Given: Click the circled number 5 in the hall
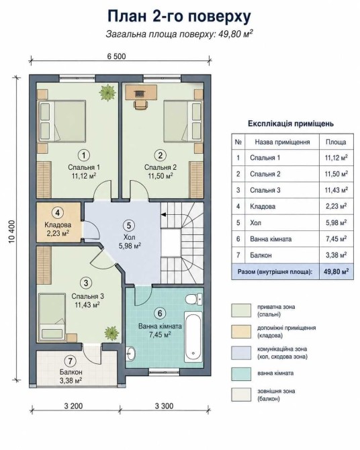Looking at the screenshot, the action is tap(128, 225).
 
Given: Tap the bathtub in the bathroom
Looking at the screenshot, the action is tap(193, 336).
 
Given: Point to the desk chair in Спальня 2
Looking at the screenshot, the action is tap(141, 104).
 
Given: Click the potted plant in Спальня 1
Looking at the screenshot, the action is tap(107, 93).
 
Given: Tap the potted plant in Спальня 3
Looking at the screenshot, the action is tap(111, 334).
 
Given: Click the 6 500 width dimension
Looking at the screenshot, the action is tap(117, 56).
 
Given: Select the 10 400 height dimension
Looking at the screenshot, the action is tap(12, 232).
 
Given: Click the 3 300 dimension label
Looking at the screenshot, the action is tap(164, 406).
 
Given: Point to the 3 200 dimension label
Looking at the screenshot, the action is tap(73, 406).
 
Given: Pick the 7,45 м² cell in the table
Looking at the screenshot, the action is tap(336, 239).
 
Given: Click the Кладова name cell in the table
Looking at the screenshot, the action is tap(281, 206).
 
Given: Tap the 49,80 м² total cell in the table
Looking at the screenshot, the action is tap(336, 271).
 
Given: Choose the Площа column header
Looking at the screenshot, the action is tap(336, 142).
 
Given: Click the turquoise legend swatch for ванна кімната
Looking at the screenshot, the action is tap(241, 374).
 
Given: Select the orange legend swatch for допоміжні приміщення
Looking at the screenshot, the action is tap(241, 332).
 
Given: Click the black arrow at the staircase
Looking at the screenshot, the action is tap(164, 214).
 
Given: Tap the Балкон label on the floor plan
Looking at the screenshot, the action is tap(71, 372).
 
